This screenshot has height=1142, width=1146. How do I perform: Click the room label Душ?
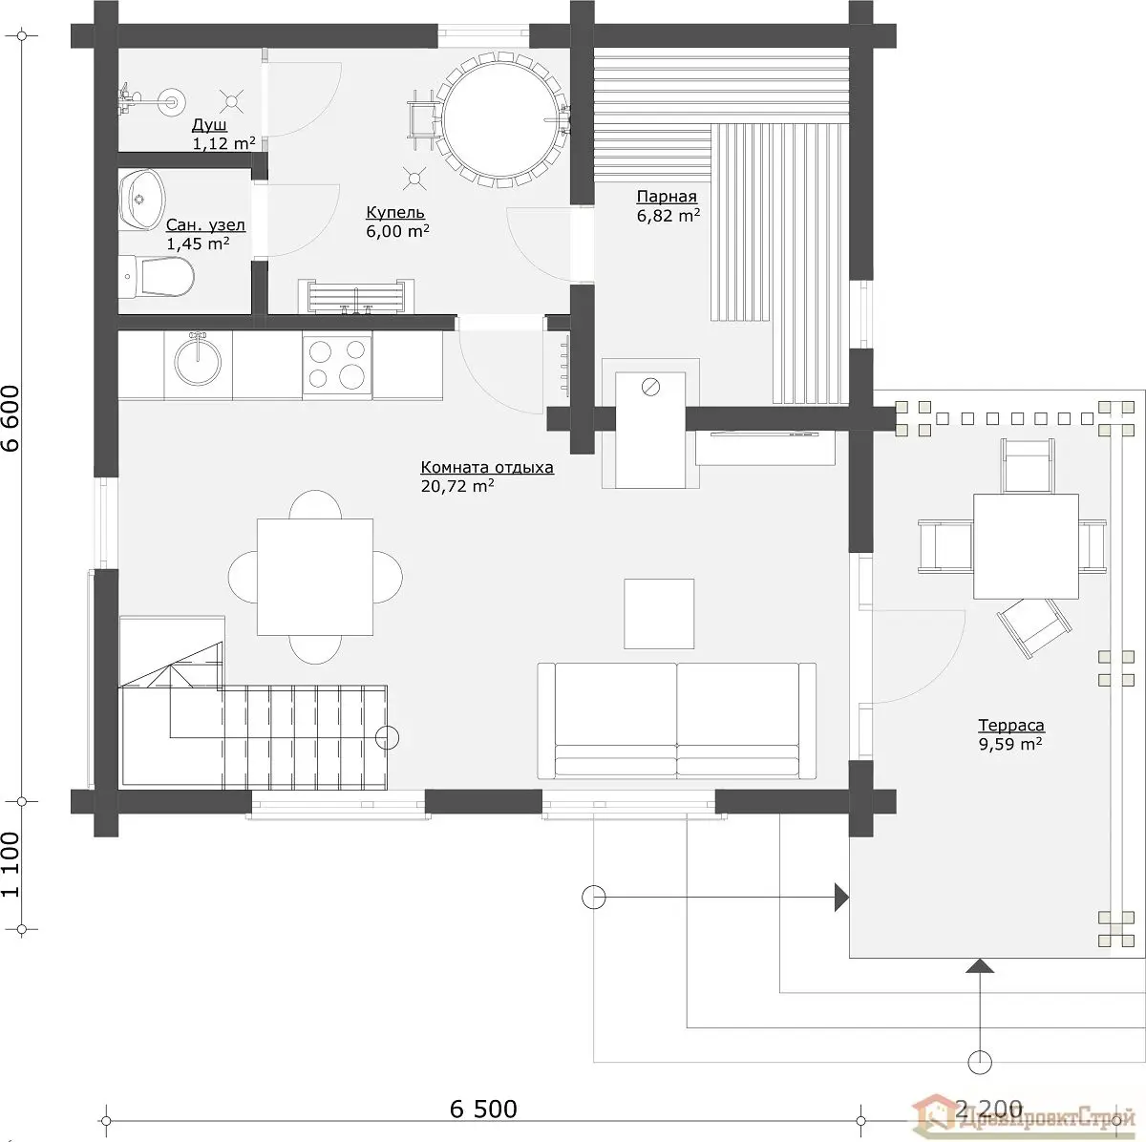pyautogui.click(x=209, y=125)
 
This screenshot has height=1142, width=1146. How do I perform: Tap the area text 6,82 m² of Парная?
pyautogui.click(x=668, y=215)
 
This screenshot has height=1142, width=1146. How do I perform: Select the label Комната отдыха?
pyautogui.click(x=487, y=467)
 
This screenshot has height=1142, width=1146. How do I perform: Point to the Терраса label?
pyautogui.click(x=1011, y=725)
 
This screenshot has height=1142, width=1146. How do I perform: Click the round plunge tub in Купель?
pyautogui.click(x=499, y=119)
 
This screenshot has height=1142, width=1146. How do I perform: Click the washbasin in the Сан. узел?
pyautogui.click(x=141, y=200)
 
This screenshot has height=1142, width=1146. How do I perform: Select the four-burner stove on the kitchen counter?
pyautogui.click(x=337, y=365)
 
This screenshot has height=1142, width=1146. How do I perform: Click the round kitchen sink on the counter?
pyautogui.click(x=198, y=361)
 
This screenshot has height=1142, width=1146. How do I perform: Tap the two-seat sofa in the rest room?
pyautogui.click(x=677, y=721)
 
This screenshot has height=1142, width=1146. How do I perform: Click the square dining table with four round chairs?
pyautogui.click(x=315, y=577)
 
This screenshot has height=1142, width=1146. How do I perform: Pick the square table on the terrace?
pyautogui.click(x=1026, y=546)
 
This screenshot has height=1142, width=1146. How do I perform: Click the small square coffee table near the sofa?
pyautogui.click(x=659, y=614)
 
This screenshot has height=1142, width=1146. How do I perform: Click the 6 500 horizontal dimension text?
pyautogui.click(x=483, y=1109)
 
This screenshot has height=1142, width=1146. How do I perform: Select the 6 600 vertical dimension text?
pyautogui.click(x=11, y=419)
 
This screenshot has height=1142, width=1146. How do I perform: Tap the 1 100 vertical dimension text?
pyautogui.click(x=11, y=864)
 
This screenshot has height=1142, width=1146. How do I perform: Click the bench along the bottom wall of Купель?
pyautogui.click(x=356, y=296)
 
